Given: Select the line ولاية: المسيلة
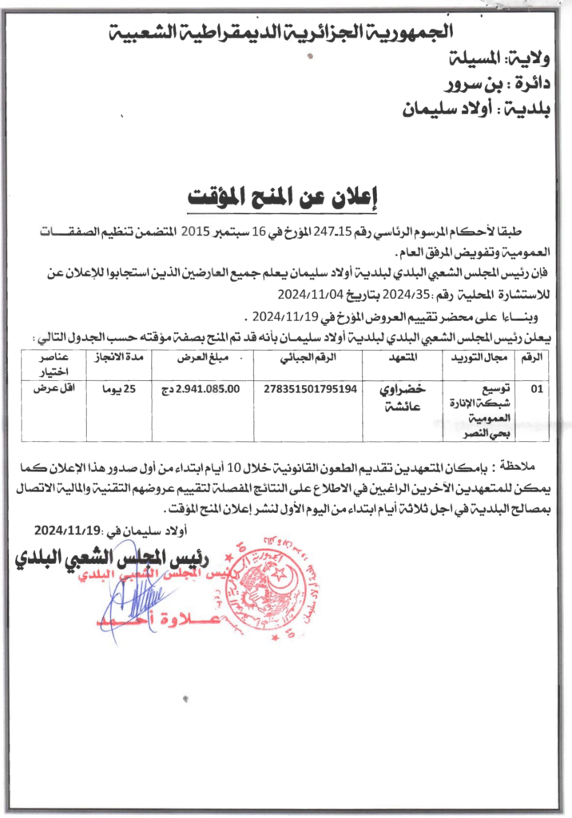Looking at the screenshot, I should coord(497,58).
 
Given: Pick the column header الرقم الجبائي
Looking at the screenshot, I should coord(310,358).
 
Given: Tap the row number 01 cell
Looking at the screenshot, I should coord(534,390).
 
